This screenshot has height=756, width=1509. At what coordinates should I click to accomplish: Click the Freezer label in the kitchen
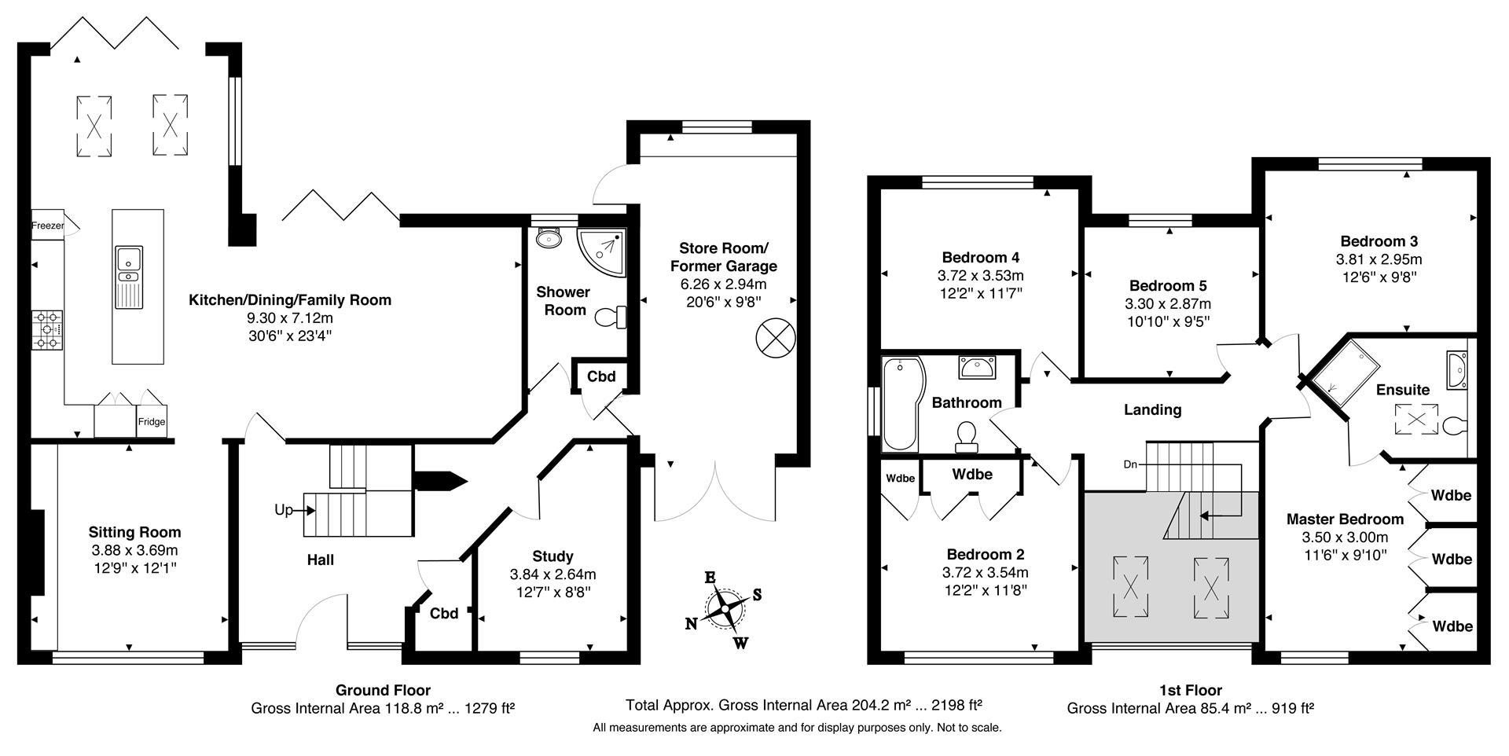click(47, 226)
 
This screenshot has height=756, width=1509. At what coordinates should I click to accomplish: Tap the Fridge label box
click(152, 421)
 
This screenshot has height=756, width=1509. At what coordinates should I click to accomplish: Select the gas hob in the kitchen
click(47, 330)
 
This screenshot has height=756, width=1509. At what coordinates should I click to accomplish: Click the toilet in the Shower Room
click(611, 317)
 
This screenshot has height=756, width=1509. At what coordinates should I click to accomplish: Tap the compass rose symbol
click(725, 609)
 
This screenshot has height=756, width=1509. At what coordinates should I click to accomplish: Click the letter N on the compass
click(692, 624)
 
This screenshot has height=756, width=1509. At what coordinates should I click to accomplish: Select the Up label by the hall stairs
click(284, 510)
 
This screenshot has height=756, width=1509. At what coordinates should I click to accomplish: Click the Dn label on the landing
click(1130, 464)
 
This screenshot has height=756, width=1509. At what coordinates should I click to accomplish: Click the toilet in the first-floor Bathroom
click(966, 437)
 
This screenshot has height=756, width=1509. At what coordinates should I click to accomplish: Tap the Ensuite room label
click(1403, 390)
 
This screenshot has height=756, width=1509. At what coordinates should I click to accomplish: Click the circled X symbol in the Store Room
click(776, 338)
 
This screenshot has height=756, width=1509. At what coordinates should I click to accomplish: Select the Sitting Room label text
click(134, 533)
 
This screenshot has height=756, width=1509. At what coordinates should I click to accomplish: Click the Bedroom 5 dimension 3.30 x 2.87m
click(1168, 303)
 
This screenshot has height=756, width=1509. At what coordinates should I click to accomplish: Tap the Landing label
click(1152, 409)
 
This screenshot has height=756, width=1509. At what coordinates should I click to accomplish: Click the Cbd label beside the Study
click(444, 613)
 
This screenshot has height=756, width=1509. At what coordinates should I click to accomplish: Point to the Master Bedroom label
click(1345, 519)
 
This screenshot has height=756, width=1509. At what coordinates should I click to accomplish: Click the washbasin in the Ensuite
click(1456, 369)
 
